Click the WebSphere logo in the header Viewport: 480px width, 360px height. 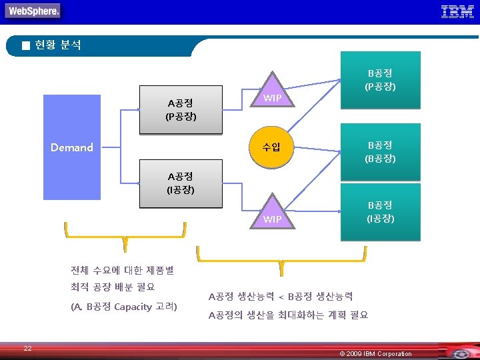(33, 11)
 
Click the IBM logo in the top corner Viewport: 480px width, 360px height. (457, 11)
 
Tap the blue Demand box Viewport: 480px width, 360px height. (71, 147)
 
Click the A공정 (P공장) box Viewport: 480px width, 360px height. (180, 110)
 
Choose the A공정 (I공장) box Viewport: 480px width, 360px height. (180, 183)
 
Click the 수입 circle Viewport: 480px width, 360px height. (271, 147)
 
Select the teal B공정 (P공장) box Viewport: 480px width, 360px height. (380, 80)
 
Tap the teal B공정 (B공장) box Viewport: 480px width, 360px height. (380, 152)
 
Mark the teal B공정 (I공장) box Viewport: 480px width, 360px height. (380, 212)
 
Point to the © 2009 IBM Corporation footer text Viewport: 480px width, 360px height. (375, 353)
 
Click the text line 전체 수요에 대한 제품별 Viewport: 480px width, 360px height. (122, 270)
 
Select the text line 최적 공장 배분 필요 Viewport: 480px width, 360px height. (113, 287)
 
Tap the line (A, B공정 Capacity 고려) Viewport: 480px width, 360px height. (123, 307)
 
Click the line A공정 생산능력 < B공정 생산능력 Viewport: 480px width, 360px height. (281, 296)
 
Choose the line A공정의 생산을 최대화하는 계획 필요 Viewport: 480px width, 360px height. (288, 315)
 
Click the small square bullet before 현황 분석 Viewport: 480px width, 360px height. (25, 46)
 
